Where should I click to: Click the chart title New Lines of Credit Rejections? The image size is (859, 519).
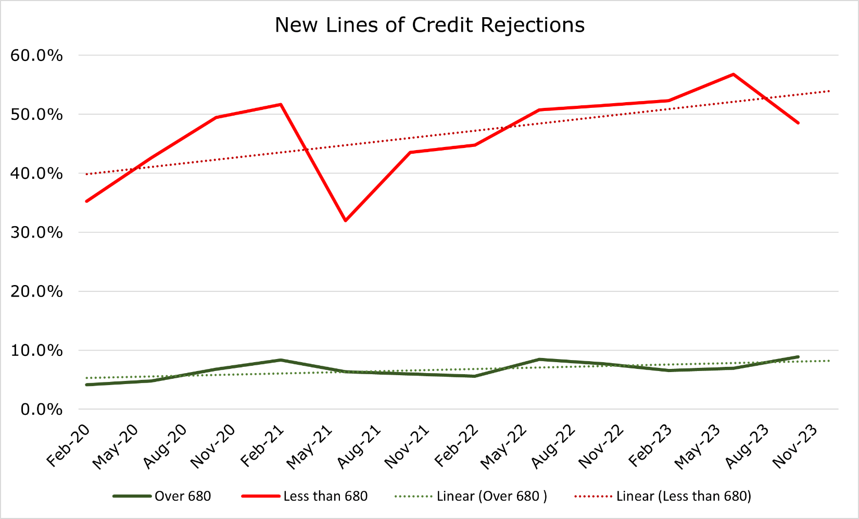429,25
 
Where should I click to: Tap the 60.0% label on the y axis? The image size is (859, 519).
36,55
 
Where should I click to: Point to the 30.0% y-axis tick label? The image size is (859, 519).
36,232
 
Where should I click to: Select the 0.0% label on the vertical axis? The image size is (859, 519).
42,410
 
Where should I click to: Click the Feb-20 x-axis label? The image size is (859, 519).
68,446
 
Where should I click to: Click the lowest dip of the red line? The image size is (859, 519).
345,220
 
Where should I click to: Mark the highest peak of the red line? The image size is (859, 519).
733,74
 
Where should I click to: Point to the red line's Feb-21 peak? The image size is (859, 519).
281,104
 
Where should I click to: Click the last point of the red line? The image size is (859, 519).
798,123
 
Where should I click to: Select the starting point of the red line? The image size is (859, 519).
86,201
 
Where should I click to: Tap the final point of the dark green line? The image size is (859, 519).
798,357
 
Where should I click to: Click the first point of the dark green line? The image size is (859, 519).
86,385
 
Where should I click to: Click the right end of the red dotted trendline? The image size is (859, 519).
829,91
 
